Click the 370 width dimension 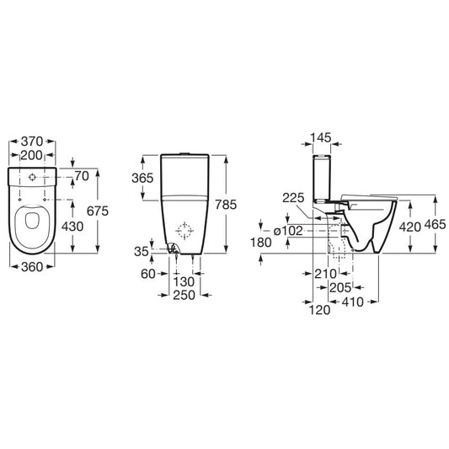point(32,142)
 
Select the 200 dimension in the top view point(31,155)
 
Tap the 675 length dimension point(98,211)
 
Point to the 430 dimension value point(72,227)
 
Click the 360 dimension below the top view point(32,267)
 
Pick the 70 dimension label point(82,176)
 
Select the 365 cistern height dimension point(142,178)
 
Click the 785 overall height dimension point(226,205)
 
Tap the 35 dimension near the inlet point(142,251)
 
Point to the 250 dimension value point(184,295)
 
